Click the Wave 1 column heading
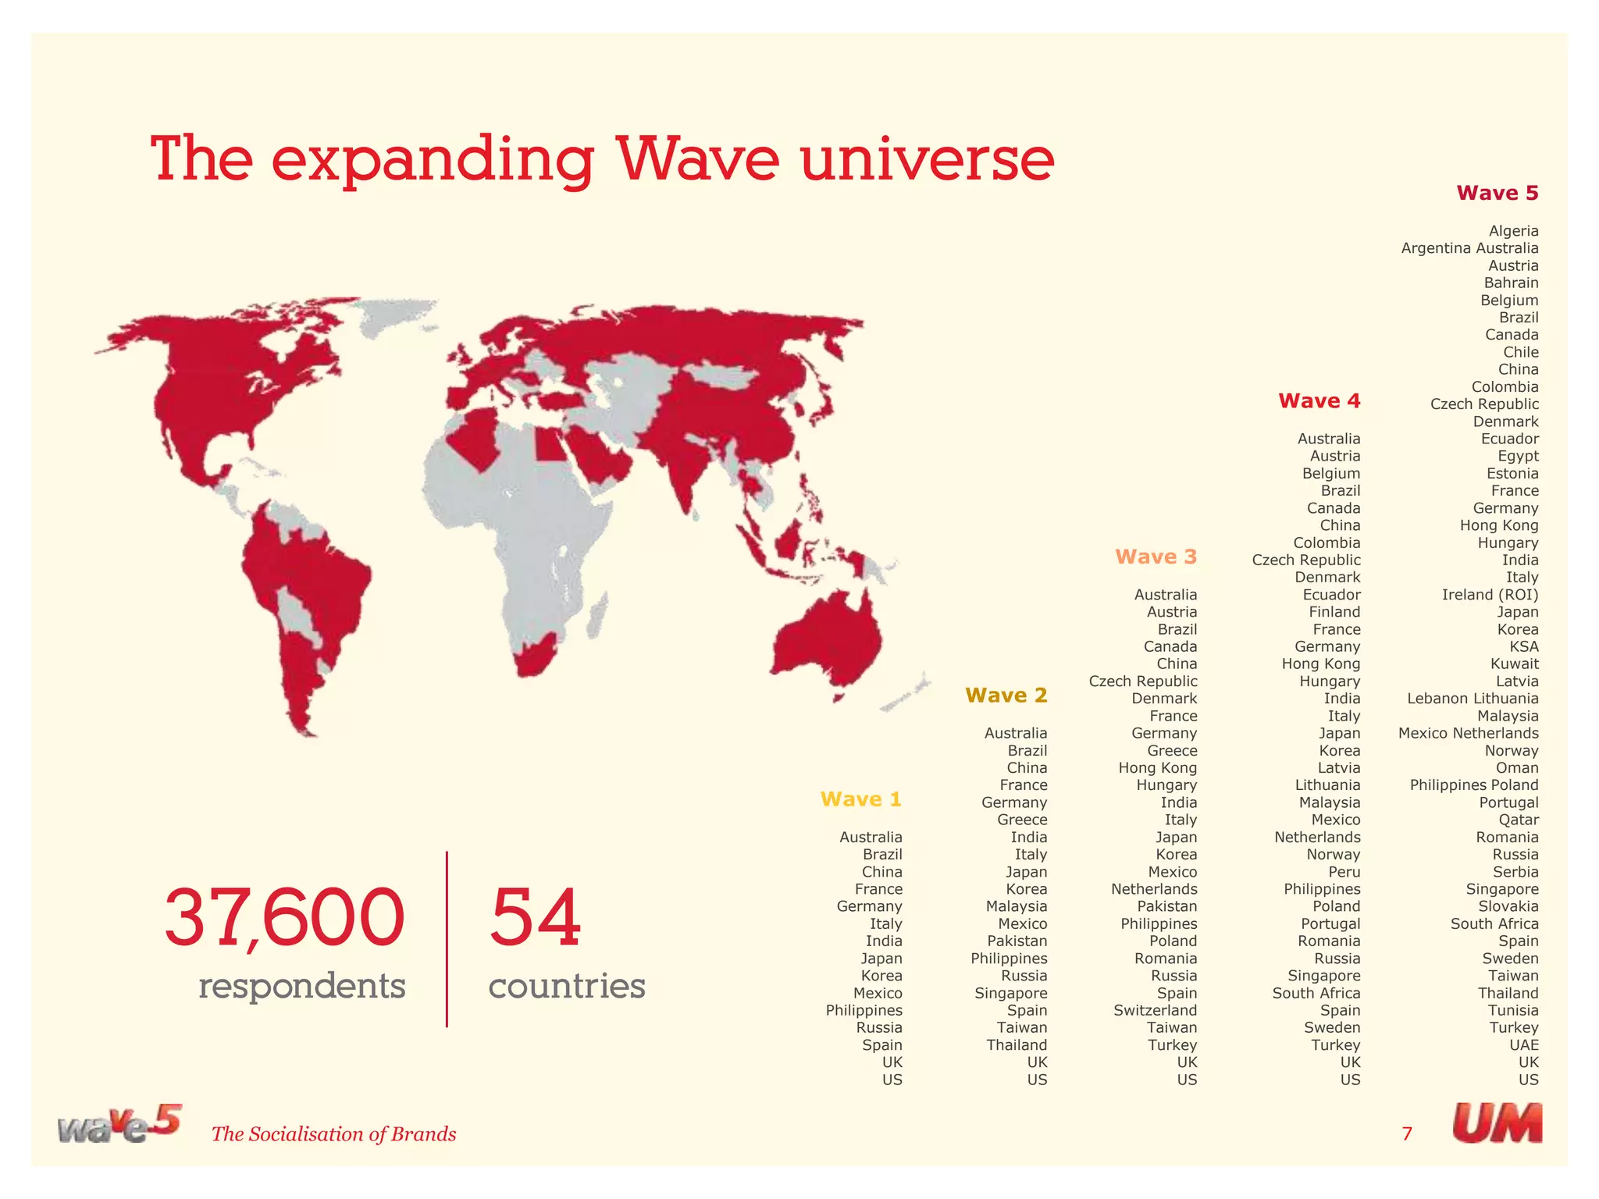tap(860, 799)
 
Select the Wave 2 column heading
tap(1006, 696)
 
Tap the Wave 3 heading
tap(1156, 557)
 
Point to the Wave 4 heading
tap(1319, 401)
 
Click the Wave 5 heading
tap(1497, 193)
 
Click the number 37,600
tap(284, 918)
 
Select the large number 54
tap(536, 918)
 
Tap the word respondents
tap(301, 986)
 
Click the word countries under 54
tap(567, 986)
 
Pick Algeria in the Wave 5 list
tap(1513, 231)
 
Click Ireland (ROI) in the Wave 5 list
tap(1490, 595)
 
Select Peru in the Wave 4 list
tap(1344, 872)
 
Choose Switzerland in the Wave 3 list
tap(1155, 1011)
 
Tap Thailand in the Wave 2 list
tap(1016, 1045)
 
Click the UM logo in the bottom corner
tap(1497, 1124)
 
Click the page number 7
tap(1407, 1133)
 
